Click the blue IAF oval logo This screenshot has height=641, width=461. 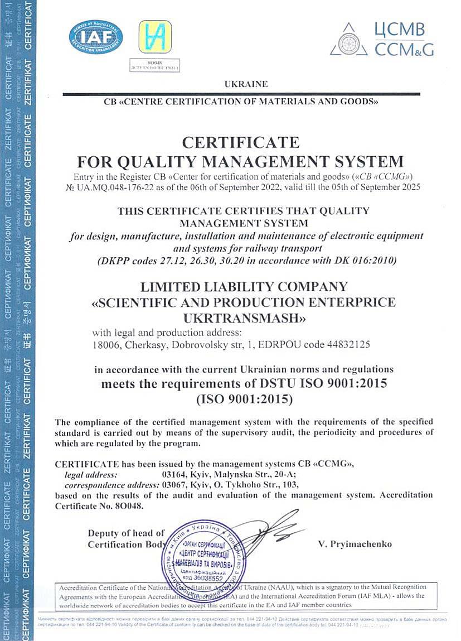[x=96, y=37]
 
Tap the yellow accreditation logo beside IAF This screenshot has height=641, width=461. [x=155, y=36]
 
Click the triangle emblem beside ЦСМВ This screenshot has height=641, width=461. [x=349, y=40]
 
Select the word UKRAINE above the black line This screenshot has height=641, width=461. [x=246, y=84]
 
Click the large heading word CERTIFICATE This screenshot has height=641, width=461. [x=240, y=142]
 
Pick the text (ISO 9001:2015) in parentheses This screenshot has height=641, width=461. [x=244, y=399]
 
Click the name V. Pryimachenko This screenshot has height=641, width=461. [x=355, y=544]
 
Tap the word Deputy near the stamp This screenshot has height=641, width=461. [x=105, y=533]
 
